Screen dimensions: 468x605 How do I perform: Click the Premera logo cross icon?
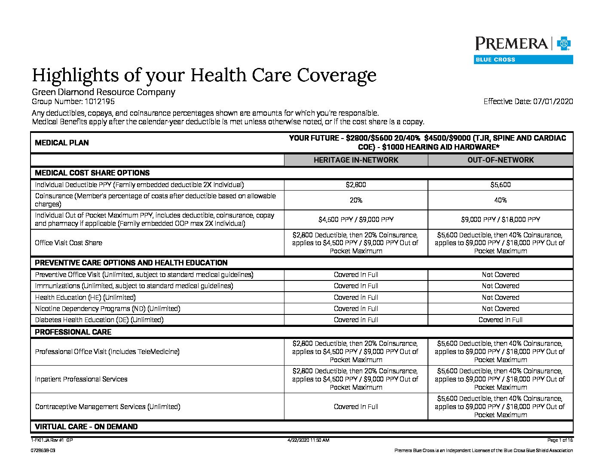[x=564, y=44]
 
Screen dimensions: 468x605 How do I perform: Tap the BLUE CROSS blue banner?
[x=523, y=60]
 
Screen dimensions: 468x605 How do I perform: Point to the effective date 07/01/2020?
[x=553, y=102]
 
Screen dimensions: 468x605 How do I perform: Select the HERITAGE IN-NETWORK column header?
[x=356, y=160]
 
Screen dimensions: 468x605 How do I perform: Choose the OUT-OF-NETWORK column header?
[x=501, y=160]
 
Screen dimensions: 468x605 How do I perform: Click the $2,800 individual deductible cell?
[x=356, y=185]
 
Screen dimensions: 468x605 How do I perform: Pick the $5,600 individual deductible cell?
[x=501, y=185]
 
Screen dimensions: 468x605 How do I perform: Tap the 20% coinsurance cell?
[x=356, y=200]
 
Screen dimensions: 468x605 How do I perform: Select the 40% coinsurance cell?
[x=501, y=200]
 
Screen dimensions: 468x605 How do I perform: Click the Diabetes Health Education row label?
[x=99, y=320]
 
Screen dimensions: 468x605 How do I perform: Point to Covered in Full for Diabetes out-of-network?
[x=501, y=320]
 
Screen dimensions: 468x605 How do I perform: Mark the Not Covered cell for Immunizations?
[x=501, y=286]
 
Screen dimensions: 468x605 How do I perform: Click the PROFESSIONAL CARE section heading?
[x=73, y=332]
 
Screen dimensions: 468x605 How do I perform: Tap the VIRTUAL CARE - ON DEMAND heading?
[x=86, y=427]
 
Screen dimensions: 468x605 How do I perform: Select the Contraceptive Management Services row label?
[x=107, y=406]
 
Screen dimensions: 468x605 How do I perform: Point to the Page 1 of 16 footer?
[x=560, y=440]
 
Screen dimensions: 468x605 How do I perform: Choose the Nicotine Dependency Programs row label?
[x=107, y=309]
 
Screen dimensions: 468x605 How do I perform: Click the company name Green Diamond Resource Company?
[x=104, y=92]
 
